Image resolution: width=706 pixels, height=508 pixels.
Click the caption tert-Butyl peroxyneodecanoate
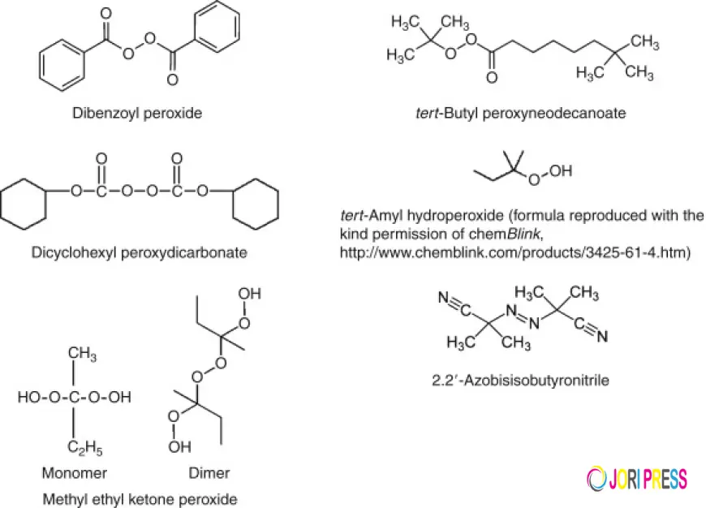519,114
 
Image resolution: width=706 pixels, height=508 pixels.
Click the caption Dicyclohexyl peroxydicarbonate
139,252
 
